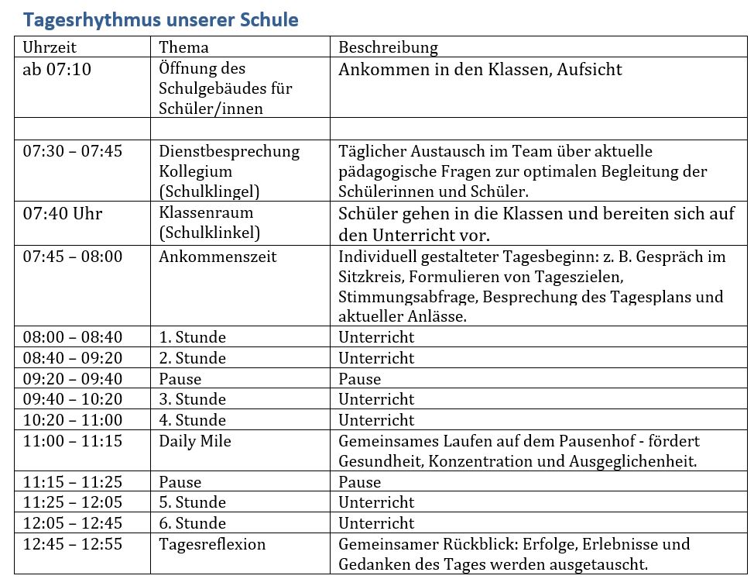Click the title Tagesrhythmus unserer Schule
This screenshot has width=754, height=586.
tap(160, 19)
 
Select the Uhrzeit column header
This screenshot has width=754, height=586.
tap(50, 47)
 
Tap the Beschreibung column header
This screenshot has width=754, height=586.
tap(388, 47)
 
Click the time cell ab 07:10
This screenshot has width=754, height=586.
tap(57, 70)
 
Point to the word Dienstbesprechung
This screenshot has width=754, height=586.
tap(229, 151)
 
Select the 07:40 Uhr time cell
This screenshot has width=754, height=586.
tap(62, 213)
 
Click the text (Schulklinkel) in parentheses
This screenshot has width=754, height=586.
tap(209, 233)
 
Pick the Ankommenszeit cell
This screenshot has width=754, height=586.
tap(218, 257)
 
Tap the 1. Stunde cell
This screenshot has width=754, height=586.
tap(192, 337)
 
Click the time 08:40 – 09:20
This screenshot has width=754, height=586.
tap(73, 358)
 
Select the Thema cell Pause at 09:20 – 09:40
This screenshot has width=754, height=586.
tap(180, 379)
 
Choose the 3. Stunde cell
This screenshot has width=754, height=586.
tap(192, 399)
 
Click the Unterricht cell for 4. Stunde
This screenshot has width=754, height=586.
tap(376, 420)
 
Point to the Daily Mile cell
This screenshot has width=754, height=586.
tap(195, 441)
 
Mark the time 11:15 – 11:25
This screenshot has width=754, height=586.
tap(73, 482)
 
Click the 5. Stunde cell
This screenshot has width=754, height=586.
tap(192, 502)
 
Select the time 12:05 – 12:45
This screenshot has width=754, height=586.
tap(73, 523)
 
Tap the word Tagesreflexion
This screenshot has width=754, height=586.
tap(212, 544)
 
